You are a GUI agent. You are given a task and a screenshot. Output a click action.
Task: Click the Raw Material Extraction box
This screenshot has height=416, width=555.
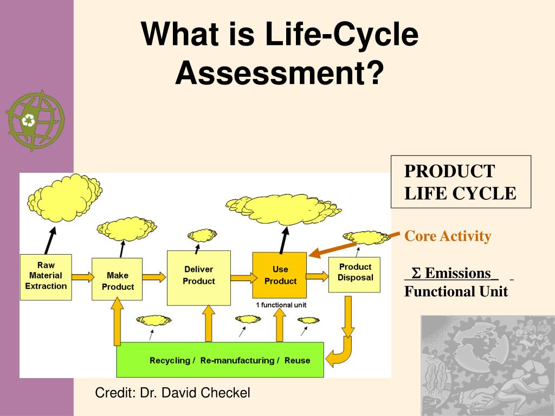46,276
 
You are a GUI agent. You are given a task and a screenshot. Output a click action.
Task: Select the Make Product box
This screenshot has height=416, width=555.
117,279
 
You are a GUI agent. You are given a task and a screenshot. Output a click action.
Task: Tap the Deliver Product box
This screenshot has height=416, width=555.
198,277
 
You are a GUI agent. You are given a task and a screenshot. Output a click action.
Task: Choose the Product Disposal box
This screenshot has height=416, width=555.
355,274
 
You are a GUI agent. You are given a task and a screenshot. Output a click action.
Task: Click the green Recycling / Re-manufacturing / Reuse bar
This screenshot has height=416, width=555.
220,360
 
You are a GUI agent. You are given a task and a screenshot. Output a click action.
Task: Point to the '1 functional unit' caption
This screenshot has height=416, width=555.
281,305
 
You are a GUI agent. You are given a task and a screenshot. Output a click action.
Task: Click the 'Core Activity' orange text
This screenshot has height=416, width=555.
448,236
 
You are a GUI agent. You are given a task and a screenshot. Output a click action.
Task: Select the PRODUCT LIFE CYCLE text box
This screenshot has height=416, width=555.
461,181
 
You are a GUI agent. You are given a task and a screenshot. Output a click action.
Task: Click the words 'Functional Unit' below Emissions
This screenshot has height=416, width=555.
456,291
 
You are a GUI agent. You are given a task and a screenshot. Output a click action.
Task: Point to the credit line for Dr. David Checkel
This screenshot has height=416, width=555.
172,393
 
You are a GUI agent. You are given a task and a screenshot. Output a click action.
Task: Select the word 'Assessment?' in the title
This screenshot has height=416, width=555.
279,73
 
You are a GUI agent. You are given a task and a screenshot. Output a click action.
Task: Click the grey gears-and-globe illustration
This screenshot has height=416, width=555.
488,365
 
